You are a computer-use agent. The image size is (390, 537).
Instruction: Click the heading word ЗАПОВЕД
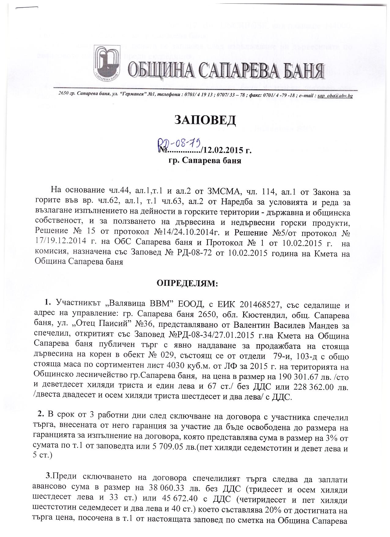pos(205,120)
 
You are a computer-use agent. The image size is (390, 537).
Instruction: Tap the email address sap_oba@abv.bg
pos(335,96)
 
